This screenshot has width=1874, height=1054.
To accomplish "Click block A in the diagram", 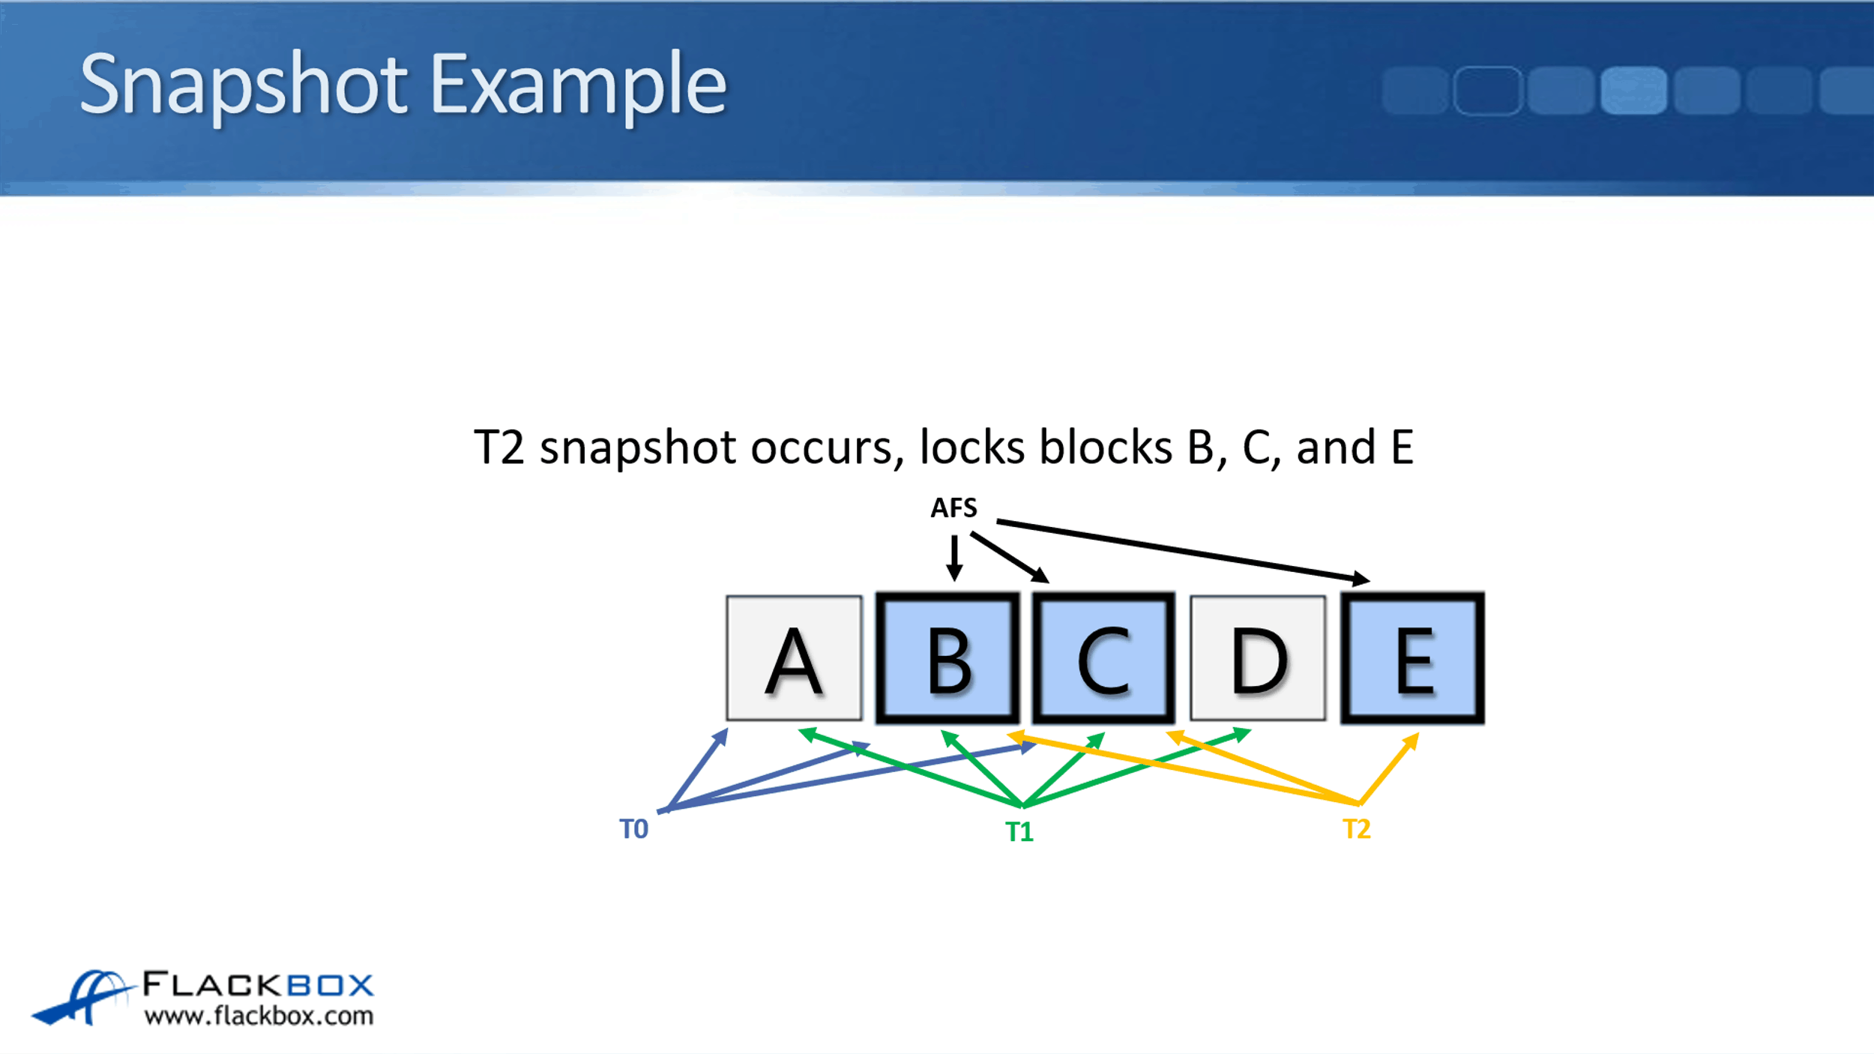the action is point(794,657).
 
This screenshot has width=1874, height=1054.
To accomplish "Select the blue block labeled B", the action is point(947,657).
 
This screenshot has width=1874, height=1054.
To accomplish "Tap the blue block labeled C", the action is point(1103,657).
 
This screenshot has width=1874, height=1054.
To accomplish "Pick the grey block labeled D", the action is point(1258,657).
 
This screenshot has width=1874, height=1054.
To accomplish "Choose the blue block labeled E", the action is point(1412,657).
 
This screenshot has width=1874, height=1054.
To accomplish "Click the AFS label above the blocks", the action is point(953,508).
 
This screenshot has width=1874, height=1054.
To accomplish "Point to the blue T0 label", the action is point(633,828).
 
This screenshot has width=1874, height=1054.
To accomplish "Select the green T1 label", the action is point(1019,831).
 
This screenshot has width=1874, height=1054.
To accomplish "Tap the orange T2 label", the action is point(1357,828).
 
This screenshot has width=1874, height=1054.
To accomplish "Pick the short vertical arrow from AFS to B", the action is point(954,558).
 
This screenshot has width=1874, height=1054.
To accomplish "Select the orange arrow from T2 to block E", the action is point(1389,768).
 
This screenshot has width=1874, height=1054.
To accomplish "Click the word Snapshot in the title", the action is point(244,85).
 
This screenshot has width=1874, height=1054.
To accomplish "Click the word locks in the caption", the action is point(971,448).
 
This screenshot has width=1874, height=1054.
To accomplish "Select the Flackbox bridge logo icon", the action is point(82,996).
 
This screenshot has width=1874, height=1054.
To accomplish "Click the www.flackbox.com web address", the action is point(259,1016).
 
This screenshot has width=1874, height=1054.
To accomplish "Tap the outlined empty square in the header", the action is point(1488,91).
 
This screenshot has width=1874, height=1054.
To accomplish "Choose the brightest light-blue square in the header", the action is point(1633,91).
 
